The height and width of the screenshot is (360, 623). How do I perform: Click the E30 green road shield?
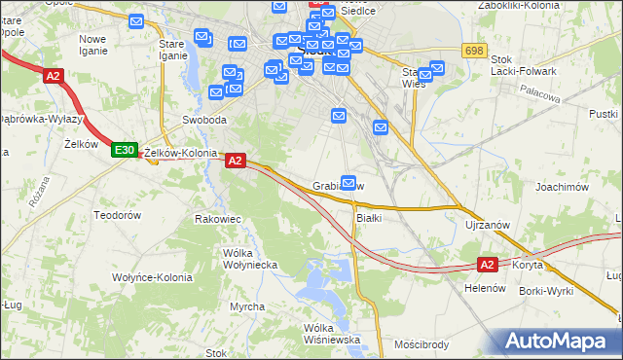pos(123,150)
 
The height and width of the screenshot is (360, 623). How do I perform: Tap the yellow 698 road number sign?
pos(474,51)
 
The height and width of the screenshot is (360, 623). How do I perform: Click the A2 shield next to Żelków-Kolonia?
pos(235,162)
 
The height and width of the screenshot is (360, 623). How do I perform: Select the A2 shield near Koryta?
pos(489,264)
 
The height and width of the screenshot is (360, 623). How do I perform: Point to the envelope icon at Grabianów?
pos(348,180)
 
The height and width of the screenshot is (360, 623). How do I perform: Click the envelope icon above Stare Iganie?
pos(136,21)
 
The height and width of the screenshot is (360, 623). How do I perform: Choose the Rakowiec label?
pos(218,220)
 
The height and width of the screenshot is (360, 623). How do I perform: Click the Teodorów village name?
pos(117,214)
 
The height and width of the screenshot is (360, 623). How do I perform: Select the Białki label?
pos(368,218)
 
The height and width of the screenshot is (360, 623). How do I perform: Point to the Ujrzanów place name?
pos(488,225)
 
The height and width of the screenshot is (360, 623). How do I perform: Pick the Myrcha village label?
pos(246,306)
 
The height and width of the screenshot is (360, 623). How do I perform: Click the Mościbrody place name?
pos(421,344)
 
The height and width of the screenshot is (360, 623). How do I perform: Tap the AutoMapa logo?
pos(559,342)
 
